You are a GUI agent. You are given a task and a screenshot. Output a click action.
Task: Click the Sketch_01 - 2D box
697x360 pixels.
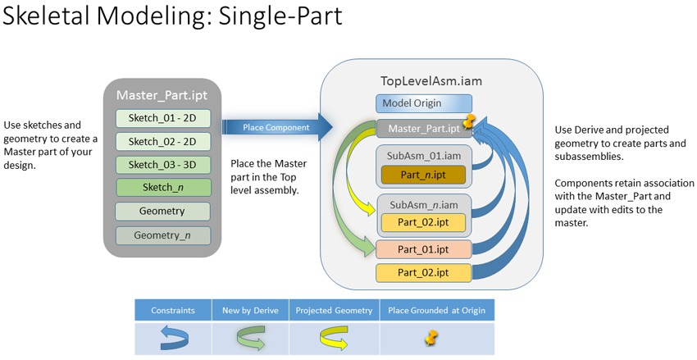click(162, 118)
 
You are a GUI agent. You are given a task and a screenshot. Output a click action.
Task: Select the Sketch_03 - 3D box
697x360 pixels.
click(162, 165)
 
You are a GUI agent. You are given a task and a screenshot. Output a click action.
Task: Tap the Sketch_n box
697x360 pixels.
click(162, 188)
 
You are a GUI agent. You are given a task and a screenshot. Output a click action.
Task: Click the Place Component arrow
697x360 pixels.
click(276, 128)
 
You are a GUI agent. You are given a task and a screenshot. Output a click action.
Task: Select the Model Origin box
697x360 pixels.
click(423, 103)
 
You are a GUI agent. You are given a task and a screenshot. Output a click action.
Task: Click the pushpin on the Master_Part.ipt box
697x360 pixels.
click(470, 123)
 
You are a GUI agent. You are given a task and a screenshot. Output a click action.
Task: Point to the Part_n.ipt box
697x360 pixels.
click(423, 175)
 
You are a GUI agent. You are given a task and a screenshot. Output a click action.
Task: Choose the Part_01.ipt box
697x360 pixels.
click(423, 248)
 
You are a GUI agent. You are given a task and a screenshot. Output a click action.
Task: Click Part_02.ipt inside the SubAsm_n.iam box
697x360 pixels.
click(423, 222)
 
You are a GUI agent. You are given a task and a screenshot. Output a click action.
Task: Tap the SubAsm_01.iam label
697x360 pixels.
click(423, 156)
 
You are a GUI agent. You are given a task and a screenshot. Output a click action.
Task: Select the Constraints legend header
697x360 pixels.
click(172, 310)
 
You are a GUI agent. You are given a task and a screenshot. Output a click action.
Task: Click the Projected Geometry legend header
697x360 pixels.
click(335, 310)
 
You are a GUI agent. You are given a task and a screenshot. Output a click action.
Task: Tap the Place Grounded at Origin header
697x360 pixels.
click(436, 310)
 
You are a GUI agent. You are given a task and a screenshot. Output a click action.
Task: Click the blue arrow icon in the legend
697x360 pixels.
click(172, 337)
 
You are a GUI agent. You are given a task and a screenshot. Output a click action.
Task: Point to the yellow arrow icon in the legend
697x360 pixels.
click(335, 337)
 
